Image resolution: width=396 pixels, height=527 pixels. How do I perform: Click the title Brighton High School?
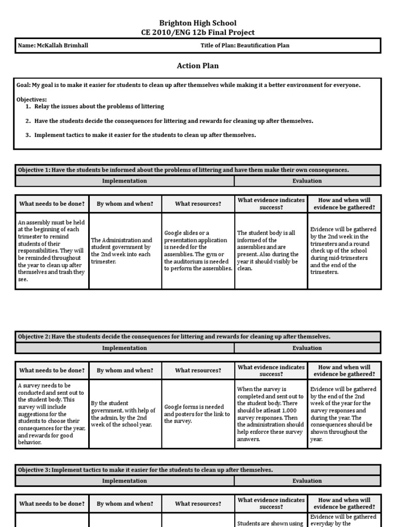197,23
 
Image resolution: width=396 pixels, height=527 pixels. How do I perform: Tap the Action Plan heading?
197,65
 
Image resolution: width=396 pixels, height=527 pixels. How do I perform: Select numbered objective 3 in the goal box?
145,135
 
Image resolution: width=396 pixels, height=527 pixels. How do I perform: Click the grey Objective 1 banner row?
197,170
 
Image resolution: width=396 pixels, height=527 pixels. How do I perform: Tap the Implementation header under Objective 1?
124,181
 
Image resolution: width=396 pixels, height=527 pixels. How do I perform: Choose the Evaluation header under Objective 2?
307,348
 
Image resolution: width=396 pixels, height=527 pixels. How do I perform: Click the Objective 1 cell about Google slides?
198,251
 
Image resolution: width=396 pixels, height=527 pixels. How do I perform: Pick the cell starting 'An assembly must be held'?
52,251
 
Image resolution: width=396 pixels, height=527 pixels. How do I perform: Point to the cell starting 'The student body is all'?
271,251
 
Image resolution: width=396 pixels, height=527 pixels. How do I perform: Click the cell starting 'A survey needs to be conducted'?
52,414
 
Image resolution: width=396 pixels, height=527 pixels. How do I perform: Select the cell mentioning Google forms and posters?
198,414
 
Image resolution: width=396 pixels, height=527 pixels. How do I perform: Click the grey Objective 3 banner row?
197,470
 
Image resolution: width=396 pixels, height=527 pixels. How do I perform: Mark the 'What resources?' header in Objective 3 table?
198,503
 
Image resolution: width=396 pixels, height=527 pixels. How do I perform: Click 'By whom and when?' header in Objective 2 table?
125,371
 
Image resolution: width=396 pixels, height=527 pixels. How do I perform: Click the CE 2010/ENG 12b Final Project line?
197,32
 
